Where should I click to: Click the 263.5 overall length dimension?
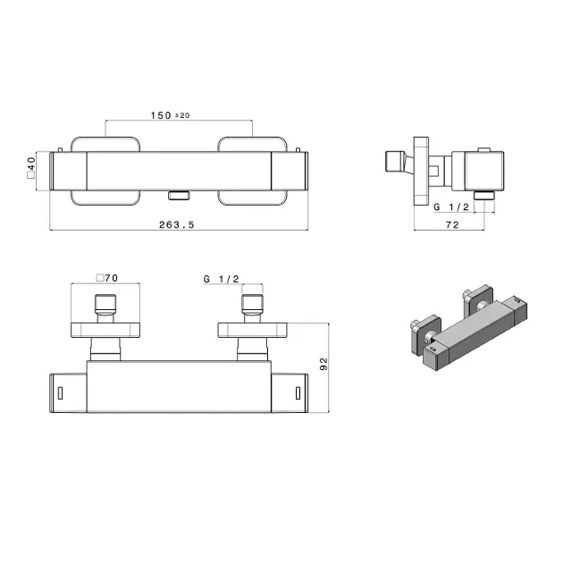coord(176,225)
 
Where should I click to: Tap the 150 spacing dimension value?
coord(161,115)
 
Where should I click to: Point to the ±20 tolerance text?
coord(182,115)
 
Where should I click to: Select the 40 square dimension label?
coord(31,164)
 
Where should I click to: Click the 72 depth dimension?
coord(452,225)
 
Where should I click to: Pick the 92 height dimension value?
coord(324,364)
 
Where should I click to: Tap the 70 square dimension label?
coord(112,278)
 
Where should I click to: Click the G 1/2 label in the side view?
coord(451,206)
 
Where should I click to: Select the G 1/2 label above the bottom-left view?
coord(222,279)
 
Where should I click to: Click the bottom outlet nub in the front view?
coord(179,196)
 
